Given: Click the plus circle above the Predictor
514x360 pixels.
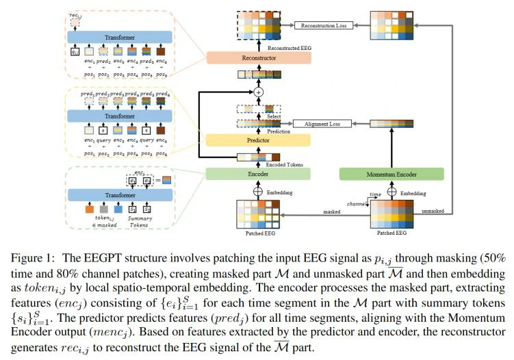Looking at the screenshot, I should [x=258, y=91].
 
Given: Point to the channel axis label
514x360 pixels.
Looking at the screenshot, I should [x=356, y=205].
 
